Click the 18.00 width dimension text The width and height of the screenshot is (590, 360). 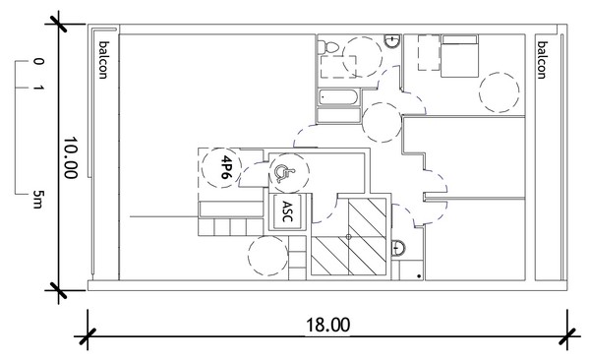click(327, 325)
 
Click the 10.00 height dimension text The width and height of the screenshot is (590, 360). click(71, 157)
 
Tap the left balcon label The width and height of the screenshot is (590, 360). click(102, 60)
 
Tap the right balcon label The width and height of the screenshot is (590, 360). click(541, 60)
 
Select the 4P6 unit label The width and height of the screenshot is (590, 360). click(225, 167)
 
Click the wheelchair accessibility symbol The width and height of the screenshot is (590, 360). click(283, 173)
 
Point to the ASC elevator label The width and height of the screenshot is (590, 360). click(287, 211)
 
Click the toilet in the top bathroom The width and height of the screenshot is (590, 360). click(328, 47)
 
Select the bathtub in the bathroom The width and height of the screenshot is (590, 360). click(338, 98)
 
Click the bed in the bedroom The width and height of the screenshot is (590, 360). click(459, 56)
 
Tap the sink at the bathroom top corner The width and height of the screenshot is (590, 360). click(392, 41)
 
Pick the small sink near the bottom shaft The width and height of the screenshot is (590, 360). click(398, 249)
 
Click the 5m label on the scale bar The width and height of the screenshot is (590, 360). click(37, 200)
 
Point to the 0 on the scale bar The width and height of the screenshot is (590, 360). click(38, 61)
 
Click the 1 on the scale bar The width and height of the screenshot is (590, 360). click(38, 89)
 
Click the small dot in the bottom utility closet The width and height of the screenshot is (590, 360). click(419, 276)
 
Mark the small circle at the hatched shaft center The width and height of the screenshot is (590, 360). click(348, 236)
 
